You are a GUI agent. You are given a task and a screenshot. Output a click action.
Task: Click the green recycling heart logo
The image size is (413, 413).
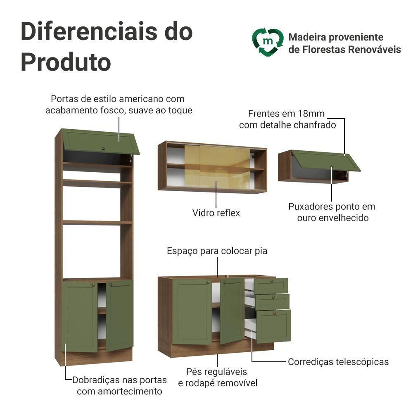coord(268,42)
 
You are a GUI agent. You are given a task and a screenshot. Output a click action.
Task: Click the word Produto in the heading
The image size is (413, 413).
coord(66,62)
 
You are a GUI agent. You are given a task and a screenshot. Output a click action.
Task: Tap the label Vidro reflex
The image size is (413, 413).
coord(216,213)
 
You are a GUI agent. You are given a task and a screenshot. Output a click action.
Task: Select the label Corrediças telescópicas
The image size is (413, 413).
coord(338,362)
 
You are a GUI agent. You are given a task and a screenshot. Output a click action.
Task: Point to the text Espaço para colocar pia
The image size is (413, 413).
coord(217,251)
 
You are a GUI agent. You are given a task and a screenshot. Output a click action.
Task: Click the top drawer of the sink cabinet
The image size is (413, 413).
coord(271,286)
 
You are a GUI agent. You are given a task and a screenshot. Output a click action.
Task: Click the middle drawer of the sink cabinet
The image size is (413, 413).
coord(272,302)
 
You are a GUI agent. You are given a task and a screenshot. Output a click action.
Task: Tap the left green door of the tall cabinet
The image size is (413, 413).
coord(80,316)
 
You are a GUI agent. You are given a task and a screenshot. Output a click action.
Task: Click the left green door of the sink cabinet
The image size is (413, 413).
coord(192,311)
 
